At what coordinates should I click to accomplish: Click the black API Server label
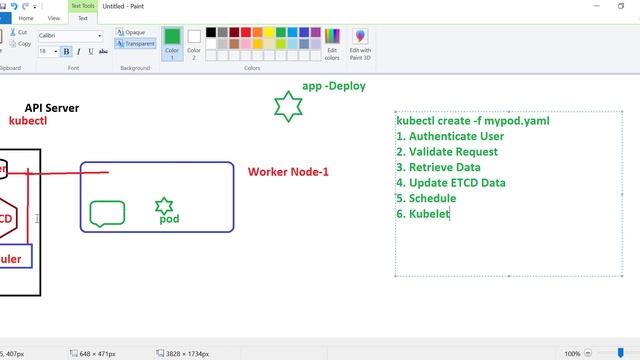[x=52, y=108]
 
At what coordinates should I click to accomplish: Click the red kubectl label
[x=28, y=121]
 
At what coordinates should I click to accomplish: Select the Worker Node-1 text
[x=288, y=172]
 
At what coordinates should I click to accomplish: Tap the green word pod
[x=169, y=218]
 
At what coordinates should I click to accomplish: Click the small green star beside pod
[x=164, y=206]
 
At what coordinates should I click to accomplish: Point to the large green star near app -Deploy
[x=288, y=106]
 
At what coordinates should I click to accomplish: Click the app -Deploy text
[x=334, y=86]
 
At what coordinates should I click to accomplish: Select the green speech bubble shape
[x=107, y=213]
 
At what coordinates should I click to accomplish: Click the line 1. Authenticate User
[x=449, y=136]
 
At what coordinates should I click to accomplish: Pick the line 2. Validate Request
[x=447, y=152]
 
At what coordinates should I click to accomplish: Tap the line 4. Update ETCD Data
[x=450, y=183]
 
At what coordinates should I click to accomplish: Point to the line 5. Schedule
[x=425, y=198]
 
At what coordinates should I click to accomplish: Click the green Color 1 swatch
[x=172, y=38]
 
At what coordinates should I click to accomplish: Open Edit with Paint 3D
[x=360, y=42]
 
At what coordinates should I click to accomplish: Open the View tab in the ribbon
[x=53, y=18]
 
